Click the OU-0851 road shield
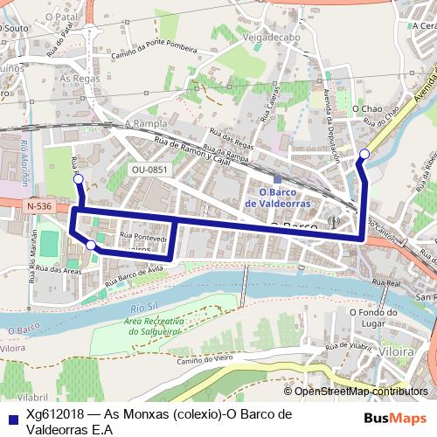(149, 170)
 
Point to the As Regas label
(76, 78)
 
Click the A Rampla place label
(145, 123)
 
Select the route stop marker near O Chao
(364, 155)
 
